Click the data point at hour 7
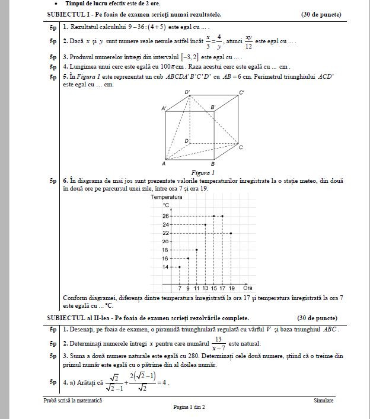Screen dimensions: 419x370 180,267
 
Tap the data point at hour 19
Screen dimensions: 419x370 231,233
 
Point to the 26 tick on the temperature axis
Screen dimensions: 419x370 165,217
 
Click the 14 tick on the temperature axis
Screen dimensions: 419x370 165,267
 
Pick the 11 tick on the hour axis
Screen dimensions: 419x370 197,288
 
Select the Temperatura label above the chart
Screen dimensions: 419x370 167,196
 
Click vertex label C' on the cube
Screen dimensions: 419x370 241,93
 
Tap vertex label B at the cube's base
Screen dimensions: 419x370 212,164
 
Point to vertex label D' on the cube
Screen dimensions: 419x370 187,92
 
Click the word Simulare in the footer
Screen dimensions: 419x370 324,401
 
